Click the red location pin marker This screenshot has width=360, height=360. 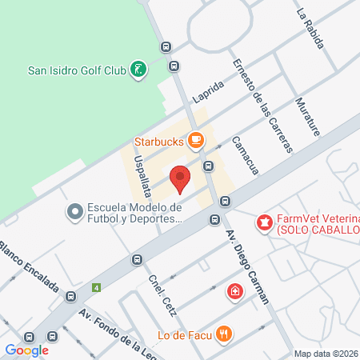181,179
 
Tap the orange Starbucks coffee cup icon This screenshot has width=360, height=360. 194,140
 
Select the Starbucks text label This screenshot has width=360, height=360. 158,141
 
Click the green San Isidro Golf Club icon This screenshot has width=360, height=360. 139,70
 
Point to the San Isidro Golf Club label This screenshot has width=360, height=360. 77,70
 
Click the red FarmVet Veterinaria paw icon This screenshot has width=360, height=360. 262,221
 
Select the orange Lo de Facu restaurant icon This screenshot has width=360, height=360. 226,334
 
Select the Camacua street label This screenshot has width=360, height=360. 245,154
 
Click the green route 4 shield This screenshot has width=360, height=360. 98,286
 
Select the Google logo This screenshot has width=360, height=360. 26,350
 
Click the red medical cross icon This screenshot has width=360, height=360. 234,291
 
